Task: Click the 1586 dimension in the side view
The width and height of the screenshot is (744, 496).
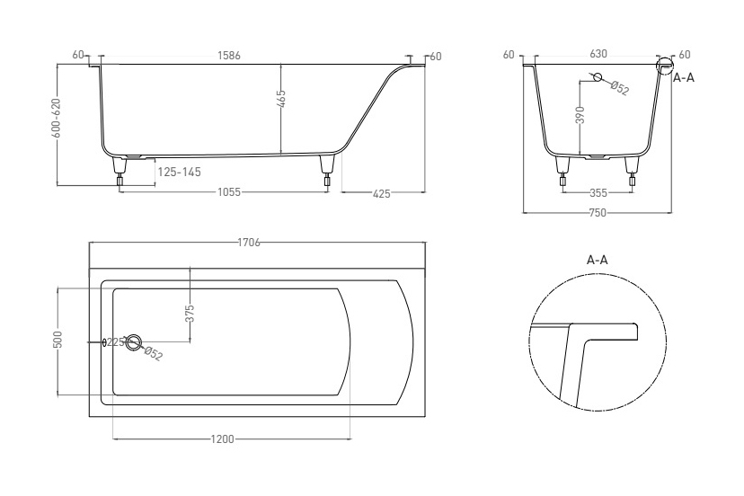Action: click(x=229, y=56)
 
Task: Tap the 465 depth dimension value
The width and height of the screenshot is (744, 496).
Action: click(x=281, y=100)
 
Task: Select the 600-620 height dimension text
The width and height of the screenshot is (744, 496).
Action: click(x=57, y=119)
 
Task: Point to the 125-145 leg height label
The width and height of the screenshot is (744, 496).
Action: click(x=180, y=172)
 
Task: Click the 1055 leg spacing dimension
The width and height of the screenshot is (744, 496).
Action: click(x=229, y=192)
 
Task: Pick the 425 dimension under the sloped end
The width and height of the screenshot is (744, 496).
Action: click(x=382, y=194)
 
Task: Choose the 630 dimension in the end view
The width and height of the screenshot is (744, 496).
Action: click(x=598, y=54)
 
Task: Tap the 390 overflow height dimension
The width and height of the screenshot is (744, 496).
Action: click(x=580, y=115)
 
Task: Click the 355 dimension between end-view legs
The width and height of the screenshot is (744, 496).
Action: click(x=598, y=192)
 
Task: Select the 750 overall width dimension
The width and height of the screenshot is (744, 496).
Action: click(x=598, y=213)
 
